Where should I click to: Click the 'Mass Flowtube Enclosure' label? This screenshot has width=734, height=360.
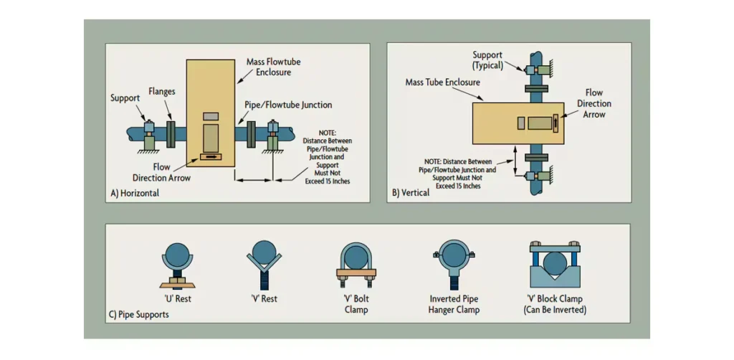point(273,67)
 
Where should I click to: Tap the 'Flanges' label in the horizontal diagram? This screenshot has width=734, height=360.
point(162,92)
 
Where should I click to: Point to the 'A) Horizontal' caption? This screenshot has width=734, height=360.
point(135,193)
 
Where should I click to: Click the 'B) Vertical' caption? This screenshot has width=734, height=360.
point(411,193)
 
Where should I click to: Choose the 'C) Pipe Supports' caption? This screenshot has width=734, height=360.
point(140,314)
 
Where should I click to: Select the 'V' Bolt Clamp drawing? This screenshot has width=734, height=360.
point(356,264)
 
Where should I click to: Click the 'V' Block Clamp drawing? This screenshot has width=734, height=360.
point(554,264)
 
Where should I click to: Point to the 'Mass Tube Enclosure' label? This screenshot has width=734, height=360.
point(442,82)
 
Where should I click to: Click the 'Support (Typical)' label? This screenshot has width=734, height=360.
point(487,60)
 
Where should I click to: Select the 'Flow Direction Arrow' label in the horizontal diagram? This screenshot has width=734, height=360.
point(162,172)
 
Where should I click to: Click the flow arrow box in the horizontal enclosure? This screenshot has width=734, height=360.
point(211,156)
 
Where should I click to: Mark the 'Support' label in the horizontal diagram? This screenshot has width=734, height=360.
point(125,98)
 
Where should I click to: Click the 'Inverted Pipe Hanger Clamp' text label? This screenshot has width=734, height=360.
point(454,304)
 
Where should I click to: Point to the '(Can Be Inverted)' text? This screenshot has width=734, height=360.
point(554,310)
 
